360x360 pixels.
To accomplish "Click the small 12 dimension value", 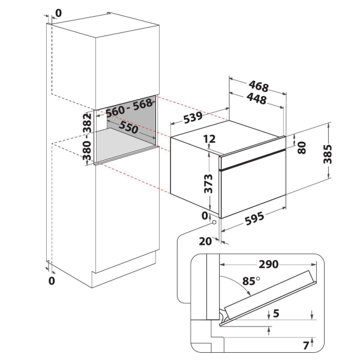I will [x=209, y=139].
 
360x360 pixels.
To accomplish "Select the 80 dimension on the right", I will [x=302, y=146].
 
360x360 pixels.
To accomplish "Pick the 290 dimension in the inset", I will [x=268, y=263].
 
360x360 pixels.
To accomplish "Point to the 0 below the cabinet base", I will [x=51, y=280].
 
